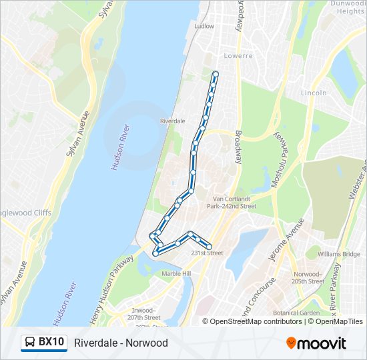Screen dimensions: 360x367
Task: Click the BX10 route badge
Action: (44, 343)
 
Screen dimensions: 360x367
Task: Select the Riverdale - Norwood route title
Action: (121, 343)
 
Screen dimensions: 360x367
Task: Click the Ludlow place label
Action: (204, 27)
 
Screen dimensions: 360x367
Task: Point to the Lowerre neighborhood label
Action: (238, 55)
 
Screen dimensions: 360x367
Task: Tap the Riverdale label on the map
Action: (172, 121)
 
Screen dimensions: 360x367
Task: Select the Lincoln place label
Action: (314, 93)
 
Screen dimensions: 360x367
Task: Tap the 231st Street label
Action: (207, 253)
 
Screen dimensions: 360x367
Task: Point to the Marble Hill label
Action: (176, 273)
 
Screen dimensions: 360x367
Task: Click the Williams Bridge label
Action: (339, 254)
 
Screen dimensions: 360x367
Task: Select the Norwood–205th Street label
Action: (308, 277)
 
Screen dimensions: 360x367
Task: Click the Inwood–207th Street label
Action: (144, 314)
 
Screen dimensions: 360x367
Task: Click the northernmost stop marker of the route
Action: (215, 73)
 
